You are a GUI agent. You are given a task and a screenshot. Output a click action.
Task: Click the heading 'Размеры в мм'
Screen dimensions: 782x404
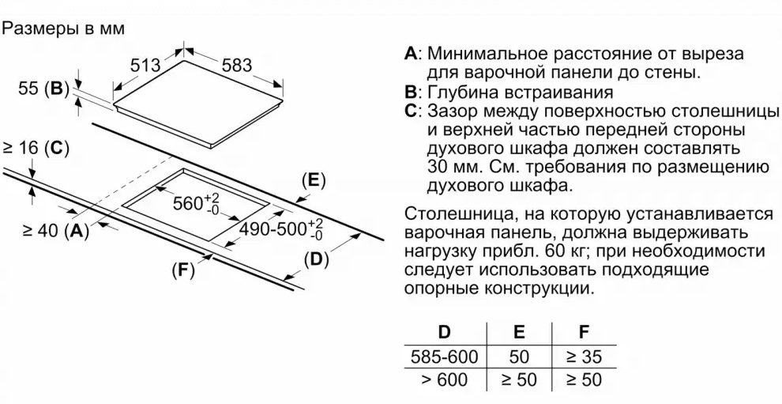[63, 28]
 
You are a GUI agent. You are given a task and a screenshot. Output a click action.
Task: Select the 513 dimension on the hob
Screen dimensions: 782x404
[145, 64]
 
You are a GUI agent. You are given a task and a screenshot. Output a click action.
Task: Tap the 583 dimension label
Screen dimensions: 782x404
[236, 64]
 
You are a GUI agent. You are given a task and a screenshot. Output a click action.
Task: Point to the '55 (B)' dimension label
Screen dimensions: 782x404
[43, 89]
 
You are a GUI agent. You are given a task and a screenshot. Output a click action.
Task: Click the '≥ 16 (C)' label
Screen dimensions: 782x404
[36, 148]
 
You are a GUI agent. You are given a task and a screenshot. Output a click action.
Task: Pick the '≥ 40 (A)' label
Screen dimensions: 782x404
[55, 230]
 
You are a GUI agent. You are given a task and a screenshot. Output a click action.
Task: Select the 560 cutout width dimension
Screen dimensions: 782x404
[196, 203]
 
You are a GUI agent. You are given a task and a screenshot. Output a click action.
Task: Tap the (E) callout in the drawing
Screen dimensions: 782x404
[314, 180]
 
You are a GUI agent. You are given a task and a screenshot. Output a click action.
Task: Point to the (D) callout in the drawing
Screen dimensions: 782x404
[317, 259]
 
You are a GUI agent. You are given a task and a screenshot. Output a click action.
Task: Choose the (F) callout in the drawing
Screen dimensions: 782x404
[183, 270]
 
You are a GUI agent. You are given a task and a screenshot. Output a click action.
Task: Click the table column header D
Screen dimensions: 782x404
[443, 332]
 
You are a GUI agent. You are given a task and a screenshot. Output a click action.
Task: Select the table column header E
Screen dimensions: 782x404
[519, 332]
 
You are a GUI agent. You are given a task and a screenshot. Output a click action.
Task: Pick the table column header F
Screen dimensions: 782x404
[584, 332]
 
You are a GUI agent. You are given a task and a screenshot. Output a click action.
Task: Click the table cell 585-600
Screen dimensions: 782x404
[445, 357]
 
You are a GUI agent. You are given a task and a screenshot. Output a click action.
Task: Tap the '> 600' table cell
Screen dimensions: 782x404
[445, 380]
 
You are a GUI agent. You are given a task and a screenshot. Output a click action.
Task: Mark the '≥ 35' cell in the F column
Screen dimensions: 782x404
[584, 357]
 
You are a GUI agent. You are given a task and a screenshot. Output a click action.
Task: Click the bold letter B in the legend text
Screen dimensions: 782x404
[410, 93]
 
